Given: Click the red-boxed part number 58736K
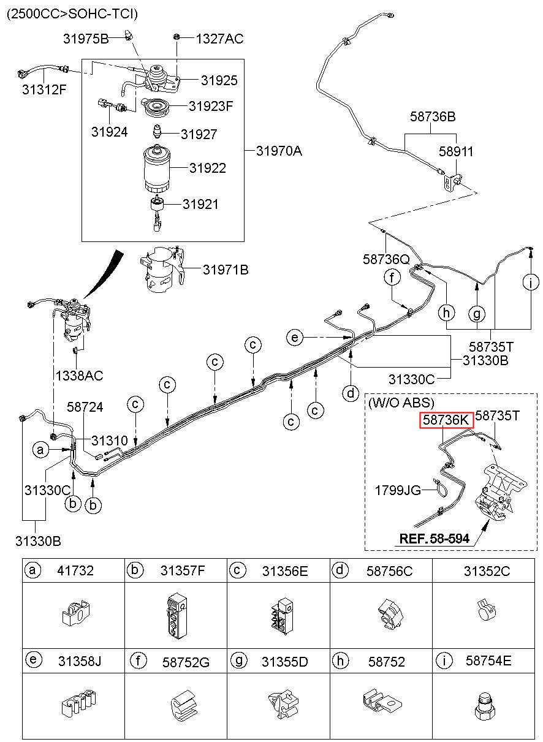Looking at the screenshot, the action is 446,420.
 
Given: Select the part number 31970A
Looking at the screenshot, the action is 279,151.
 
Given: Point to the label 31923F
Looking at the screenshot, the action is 211,106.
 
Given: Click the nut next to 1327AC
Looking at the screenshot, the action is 177,37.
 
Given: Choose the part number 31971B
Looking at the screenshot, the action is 226,270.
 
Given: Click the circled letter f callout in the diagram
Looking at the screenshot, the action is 392,278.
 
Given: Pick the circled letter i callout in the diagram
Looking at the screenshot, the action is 531,282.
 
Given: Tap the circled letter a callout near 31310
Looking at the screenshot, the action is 40,450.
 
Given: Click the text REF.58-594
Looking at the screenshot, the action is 435,539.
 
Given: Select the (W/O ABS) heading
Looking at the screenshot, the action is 401,403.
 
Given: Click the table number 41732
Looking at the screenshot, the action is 75,570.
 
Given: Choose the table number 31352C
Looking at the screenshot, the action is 487,570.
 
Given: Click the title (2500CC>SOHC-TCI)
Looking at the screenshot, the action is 72,14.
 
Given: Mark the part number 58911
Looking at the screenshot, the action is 456,151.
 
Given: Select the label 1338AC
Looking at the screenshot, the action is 79,376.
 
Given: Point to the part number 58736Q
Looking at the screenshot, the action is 386,259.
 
